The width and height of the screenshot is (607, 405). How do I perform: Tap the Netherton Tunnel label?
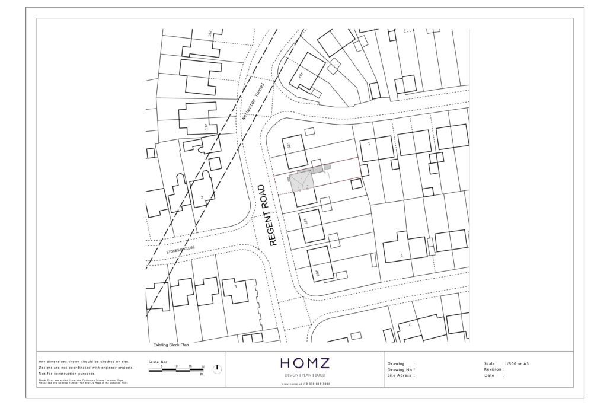(251, 102)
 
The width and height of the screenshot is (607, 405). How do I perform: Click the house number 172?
(206, 127)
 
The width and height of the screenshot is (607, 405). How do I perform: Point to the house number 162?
(210, 34)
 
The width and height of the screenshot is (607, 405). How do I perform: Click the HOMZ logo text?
(306, 363)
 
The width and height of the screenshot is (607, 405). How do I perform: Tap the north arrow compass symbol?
(217, 369)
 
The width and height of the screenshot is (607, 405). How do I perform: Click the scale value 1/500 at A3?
(516, 363)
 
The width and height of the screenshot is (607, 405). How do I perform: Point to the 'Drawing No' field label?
(400, 369)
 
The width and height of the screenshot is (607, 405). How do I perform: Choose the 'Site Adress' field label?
(400, 375)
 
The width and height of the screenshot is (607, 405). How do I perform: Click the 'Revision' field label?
(494, 369)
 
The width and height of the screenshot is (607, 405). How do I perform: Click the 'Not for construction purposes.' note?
(66, 374)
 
